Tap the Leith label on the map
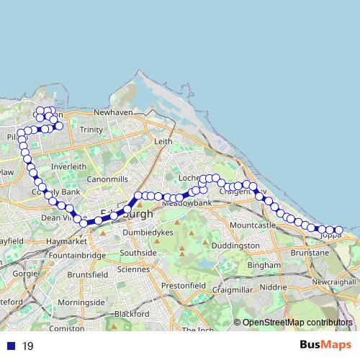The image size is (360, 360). point(164,142)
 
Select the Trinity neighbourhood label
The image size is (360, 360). point(91,130)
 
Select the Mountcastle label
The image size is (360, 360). point(252,225)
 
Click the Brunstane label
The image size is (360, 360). point(310,253)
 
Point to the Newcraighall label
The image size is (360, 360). point(336,282)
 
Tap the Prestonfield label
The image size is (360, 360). point(179,286)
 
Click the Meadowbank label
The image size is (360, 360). point(187,204)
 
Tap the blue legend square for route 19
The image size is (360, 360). point(9,346)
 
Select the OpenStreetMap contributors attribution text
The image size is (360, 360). point(297,323)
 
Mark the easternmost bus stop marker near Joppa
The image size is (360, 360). point(338,230)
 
